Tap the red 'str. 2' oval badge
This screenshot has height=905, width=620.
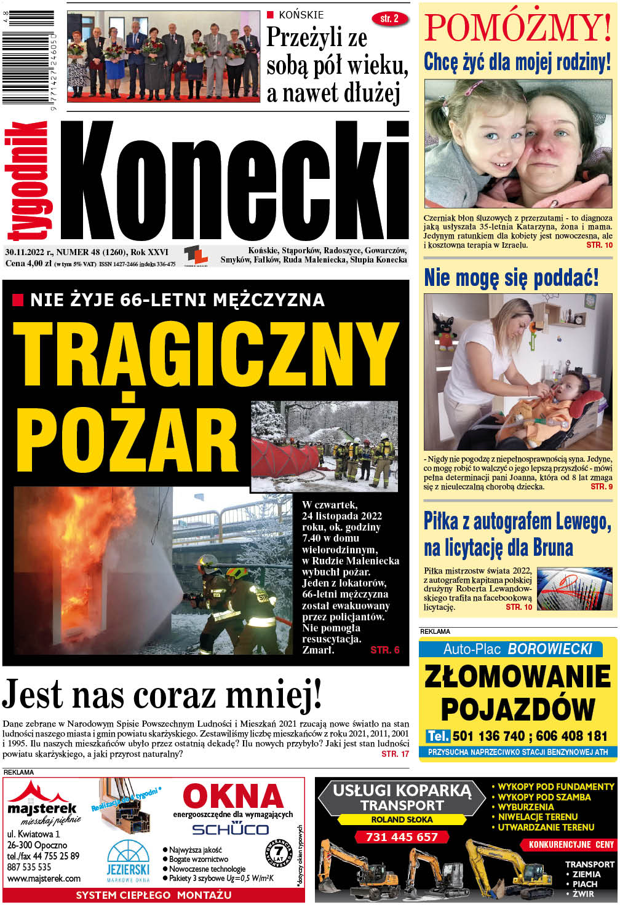pyautogui.click(x=389, y=19)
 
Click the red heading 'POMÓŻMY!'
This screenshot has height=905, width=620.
pyautogui.click(x=517, y=28)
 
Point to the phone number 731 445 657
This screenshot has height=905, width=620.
pyautogui.click(x=401, y=837)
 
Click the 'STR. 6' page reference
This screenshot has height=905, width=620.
pyautogui.click(x=385, y=650)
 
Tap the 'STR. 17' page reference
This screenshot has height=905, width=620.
pyautogui.click(x=395, y=754)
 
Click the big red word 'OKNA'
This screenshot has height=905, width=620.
pyautogui.click(x=232, y=796)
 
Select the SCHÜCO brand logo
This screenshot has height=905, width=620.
pyautogui.click(x=230, y=829)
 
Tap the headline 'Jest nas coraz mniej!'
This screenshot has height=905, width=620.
pyautogui.click(x=162, y=695)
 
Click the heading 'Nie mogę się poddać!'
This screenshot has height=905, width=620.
pyautogui.click(x=511, y=277)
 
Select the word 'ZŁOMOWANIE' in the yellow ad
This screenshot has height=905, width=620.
pyautogui.click(x=517, y=677)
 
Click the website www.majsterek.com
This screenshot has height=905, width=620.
pyautogui.click(x=44, y=879)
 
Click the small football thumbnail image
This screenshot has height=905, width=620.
pyautogui.click(x=574, y=589)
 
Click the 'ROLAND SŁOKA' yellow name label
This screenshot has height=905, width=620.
pyautogui.click(x=402, y=820)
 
